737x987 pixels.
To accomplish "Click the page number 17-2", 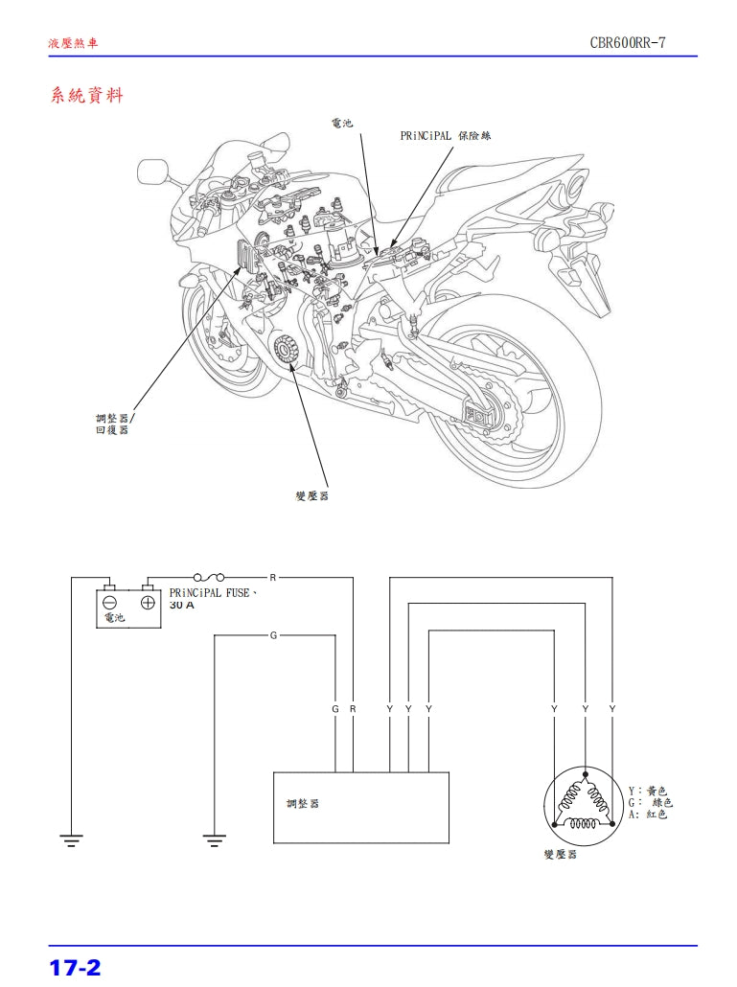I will point(75,966).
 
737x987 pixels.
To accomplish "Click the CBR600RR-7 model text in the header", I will point(635,44).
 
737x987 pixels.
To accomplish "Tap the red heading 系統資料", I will point(86,96).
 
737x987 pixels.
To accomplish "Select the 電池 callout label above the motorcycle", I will point(342,124).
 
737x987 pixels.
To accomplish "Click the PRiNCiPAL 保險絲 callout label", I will point(445,136).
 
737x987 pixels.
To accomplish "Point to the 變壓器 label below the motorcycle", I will point(312,495).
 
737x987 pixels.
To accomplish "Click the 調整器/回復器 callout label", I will point(115,425).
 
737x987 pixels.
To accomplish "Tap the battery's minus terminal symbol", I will point(110,603).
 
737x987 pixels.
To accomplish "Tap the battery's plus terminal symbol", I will point(148,603).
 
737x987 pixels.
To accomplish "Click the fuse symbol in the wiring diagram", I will point(209,578).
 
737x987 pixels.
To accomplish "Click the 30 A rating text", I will point(182,606).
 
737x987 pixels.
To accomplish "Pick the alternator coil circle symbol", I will point(583,806).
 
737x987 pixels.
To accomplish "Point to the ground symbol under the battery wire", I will point(71,840).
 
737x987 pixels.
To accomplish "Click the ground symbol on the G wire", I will point(215,840).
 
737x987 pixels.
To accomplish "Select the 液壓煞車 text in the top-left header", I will point(73,44).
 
